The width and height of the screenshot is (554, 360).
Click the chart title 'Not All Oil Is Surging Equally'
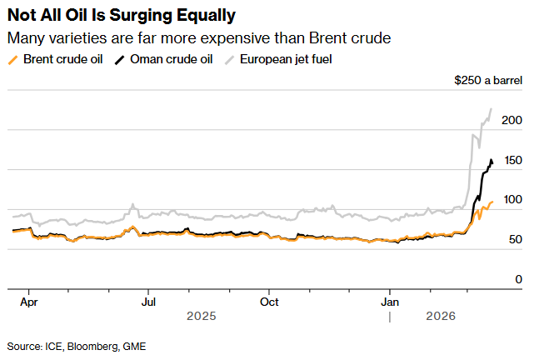(121, 15)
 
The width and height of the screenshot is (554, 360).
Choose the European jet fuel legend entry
(287, 59)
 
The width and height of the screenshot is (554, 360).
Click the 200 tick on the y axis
(512, 120)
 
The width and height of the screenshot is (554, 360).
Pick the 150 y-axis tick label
(512, 160)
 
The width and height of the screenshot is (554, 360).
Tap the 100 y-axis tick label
(512, 200)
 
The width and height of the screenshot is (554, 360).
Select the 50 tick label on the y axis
(514, 240)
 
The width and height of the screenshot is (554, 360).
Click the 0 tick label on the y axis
(517, 279)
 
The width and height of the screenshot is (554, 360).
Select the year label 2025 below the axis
(201, 317)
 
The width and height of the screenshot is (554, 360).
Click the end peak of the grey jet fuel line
(491, 108)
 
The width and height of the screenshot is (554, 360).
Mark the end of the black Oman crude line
(492, 162)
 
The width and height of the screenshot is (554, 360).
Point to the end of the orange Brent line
(492, 201)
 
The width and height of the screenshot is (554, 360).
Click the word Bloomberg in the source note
(94, 345)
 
